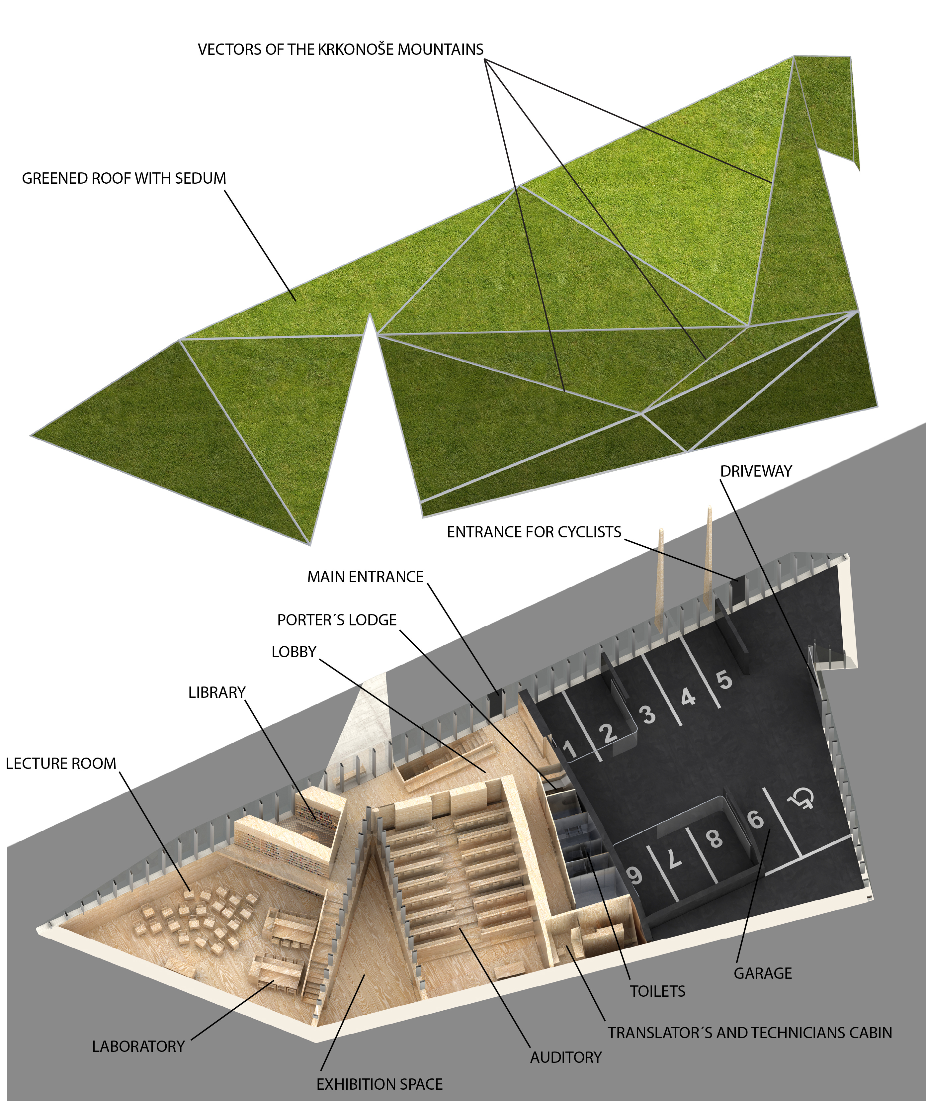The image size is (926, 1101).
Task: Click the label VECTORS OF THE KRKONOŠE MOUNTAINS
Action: pos(340,49)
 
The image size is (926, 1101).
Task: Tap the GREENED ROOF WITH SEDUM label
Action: pos(124,178)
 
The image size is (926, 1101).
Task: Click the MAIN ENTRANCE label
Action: pos(365,577)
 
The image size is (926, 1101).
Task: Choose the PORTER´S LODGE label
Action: pos(336,620)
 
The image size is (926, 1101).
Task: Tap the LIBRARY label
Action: pos(217,692)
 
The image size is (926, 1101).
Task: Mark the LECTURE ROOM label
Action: pos(61,764)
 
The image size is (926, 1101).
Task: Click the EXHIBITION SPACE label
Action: pos(379,1084)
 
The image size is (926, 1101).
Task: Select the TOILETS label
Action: pos(657,991)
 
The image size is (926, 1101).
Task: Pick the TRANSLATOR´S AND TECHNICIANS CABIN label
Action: pos(750,1033)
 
